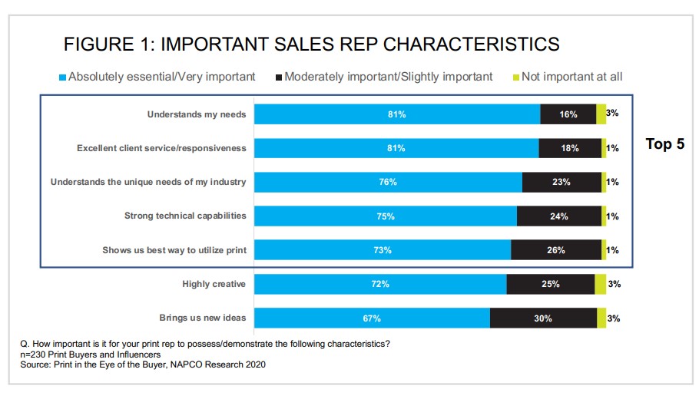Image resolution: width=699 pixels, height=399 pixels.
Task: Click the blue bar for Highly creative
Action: [x=380, y=284]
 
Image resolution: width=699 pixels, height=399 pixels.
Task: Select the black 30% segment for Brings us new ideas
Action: [x=543, y=318]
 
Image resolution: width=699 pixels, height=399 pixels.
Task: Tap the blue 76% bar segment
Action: [x=388, y=183]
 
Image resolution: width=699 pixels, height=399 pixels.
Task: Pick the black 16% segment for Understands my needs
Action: [x=568, y=114]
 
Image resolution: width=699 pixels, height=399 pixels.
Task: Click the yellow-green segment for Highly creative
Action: [x=600, y=284]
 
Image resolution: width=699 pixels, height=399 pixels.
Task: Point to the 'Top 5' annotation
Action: [x=664, y=144]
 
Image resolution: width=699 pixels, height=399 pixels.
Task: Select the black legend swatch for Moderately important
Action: [x=279, y=77]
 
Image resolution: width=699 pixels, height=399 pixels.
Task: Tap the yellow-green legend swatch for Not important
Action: [x=515, y=77]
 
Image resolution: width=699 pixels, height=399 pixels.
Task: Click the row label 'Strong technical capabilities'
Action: [x=185, y=216]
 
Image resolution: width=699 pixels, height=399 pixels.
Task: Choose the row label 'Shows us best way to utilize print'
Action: [x=174, y=250]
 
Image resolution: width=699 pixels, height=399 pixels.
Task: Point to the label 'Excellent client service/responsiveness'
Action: [x=161, y=148]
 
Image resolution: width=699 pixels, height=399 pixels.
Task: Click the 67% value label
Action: [x=372, y=318]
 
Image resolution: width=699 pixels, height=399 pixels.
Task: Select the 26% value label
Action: [x=556, y=250]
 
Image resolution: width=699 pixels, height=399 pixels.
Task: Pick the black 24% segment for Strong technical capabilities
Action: [x=559, y=216]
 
